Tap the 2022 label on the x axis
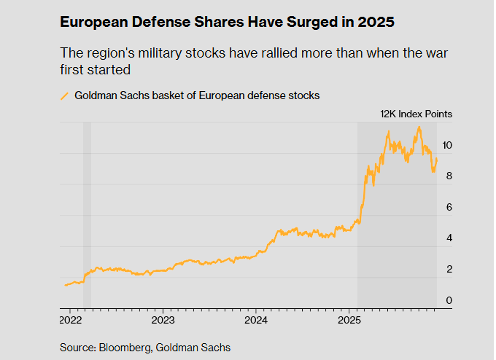[70, 320]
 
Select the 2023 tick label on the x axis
[163, 320]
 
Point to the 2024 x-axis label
[256, 320]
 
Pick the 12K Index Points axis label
[416, 114]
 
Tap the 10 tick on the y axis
[447, 146]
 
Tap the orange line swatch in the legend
[64, 95]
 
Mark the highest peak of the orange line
[419, 128]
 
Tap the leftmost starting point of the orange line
[65, 285]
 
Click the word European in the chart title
[94, 23]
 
